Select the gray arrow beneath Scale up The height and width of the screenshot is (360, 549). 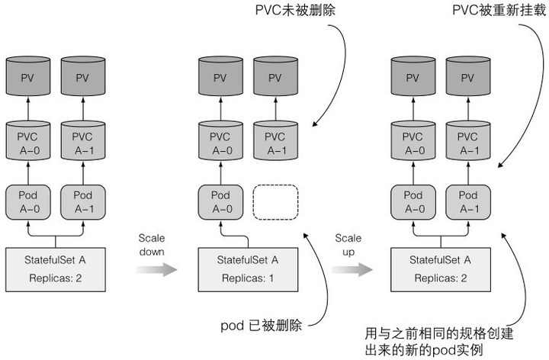[352, 269]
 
